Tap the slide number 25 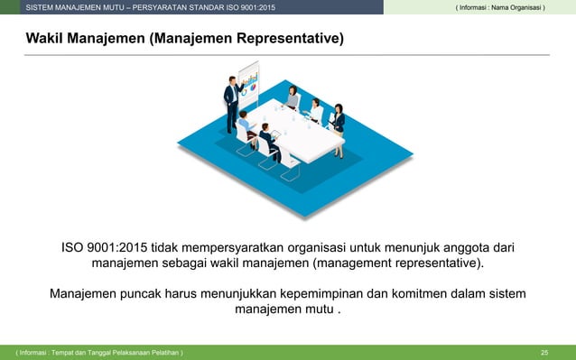point(543,351)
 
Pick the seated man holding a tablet point(268,143)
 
